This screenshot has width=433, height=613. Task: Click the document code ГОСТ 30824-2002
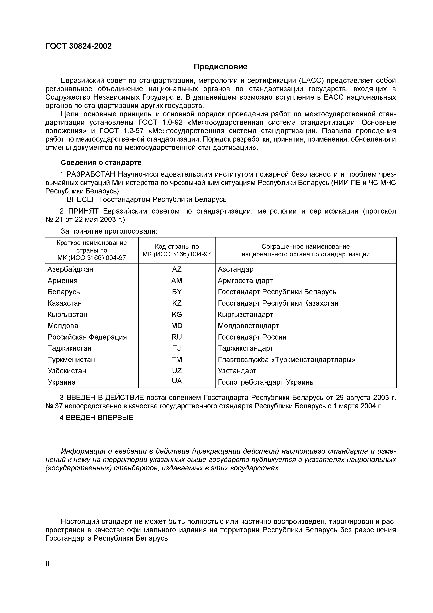78,46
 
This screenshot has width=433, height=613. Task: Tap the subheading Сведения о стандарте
101,162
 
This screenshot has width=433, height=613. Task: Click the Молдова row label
63,326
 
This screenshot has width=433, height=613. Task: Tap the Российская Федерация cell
87,337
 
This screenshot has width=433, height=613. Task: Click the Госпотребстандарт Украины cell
266,382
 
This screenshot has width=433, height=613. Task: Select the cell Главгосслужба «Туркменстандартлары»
286,360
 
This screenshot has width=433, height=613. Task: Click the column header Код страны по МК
177,250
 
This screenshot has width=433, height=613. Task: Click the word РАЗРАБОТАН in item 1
91,174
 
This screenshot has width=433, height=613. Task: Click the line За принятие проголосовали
109,231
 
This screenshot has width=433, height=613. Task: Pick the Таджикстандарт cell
245,348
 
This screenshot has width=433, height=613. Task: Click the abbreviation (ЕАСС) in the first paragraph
311,80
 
